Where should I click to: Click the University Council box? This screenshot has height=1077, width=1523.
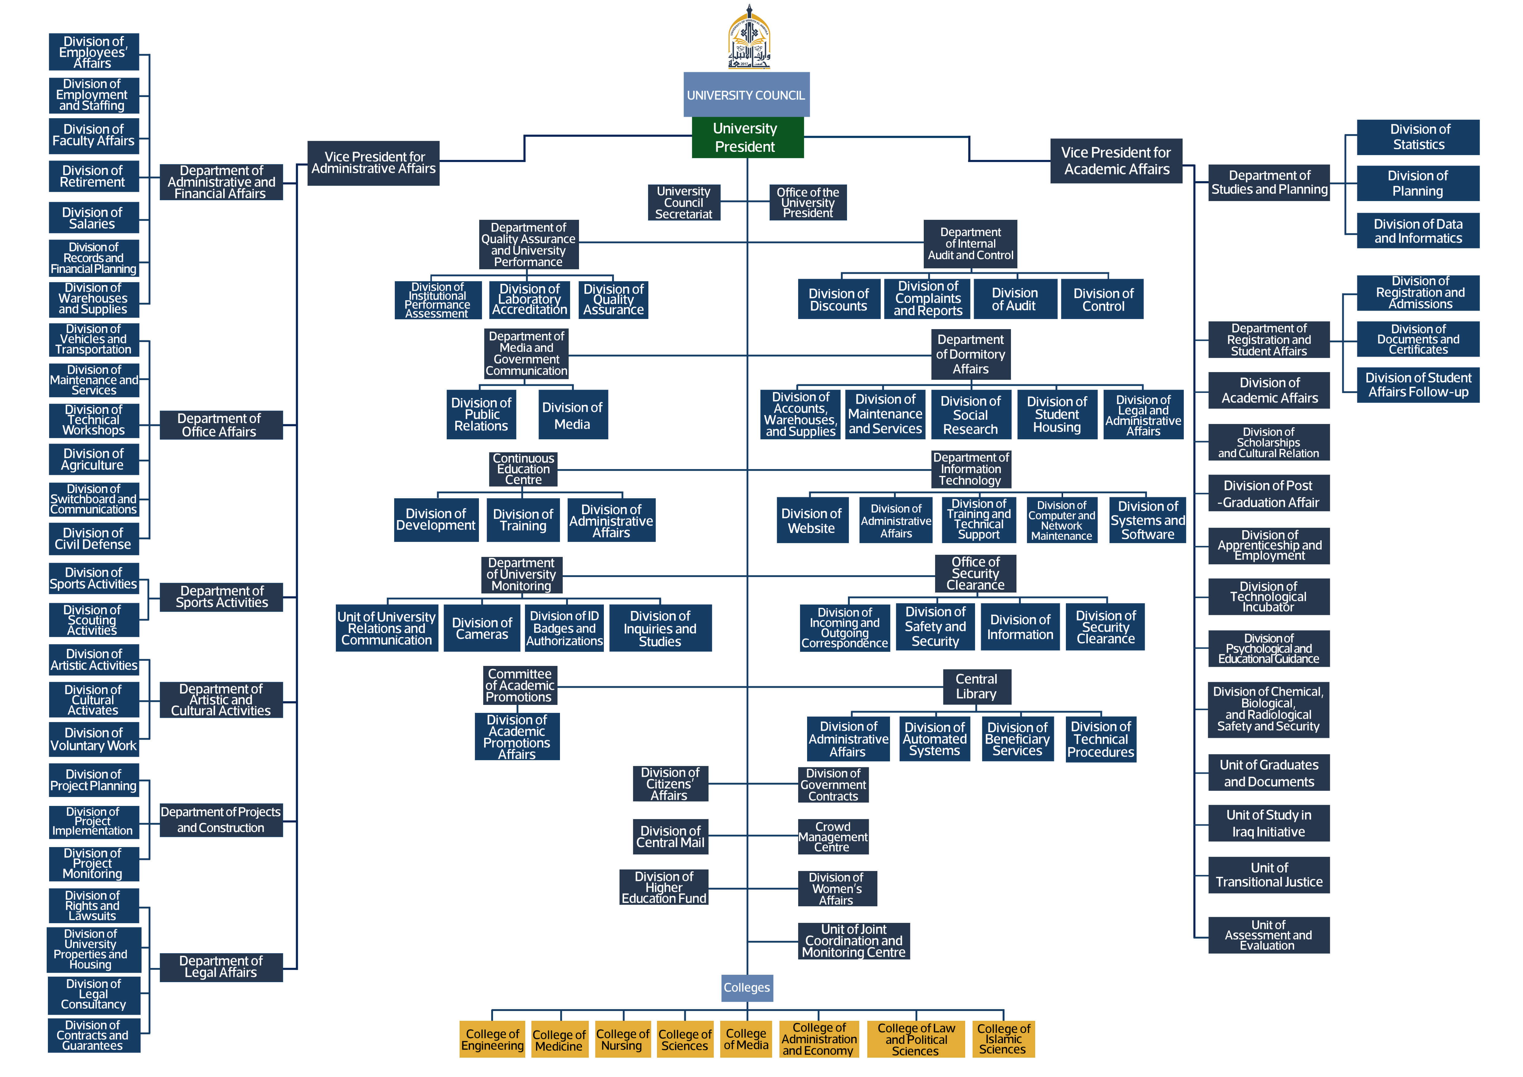746,95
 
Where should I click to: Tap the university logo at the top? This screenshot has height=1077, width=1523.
749,38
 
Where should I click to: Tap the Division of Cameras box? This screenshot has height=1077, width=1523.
482,628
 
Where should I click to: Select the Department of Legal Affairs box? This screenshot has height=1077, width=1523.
221,967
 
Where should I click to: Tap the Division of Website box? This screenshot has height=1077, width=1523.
812,521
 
